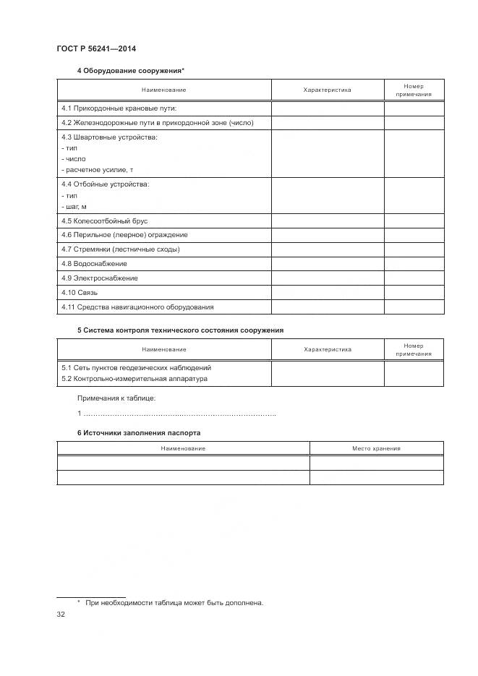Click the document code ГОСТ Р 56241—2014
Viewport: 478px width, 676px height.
[96, 48]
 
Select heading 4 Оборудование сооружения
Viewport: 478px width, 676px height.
[130, 71]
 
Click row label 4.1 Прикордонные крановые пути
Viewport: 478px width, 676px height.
[119, 108]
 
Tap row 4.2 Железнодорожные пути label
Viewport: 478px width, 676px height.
[157, 123]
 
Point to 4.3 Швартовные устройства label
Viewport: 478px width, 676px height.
[109, 137]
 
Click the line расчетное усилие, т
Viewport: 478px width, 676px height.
[98, 169]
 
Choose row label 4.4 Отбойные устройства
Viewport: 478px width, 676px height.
[106, 184]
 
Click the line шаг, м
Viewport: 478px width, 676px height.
[74, 207]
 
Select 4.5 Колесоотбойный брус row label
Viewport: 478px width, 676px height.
[104, 221]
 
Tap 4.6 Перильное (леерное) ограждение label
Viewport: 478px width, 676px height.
[124, 235]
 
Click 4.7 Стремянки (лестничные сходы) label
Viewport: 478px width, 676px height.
[121, 249]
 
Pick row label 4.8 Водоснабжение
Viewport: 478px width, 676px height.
[94, 264]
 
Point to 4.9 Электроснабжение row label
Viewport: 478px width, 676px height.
[100, 278]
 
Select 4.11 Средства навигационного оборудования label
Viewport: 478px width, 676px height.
[137, 307]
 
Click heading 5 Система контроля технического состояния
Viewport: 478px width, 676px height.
[180, 330]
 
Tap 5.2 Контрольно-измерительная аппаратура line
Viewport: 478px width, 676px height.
[135, 379]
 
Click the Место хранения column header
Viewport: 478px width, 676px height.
[376, 449]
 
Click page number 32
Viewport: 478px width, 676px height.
[61, 615]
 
